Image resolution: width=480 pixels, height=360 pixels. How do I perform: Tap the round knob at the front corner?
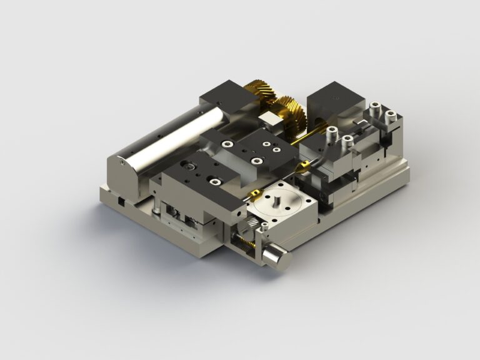(x=276, y=257)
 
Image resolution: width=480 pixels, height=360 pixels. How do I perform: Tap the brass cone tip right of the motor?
(x=302, y=165)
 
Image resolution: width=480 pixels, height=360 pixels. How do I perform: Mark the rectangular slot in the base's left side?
(x=119, y=201)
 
